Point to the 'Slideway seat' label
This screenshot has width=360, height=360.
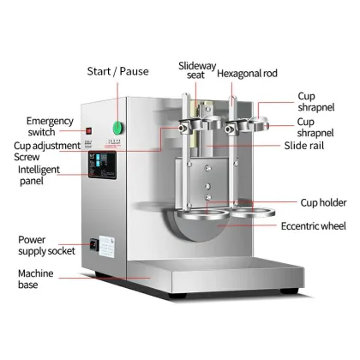tap(195, 72)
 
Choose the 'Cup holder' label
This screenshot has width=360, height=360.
tap(322, 202)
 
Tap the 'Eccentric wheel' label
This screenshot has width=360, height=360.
tap(315, 226)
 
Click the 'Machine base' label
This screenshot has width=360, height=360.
tap(40, 279)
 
